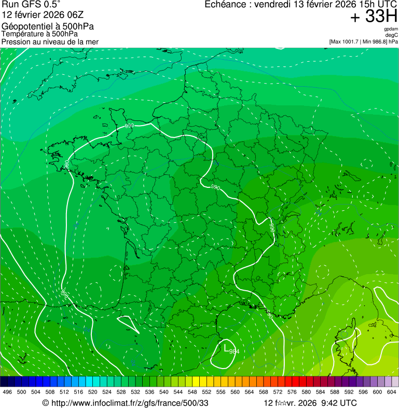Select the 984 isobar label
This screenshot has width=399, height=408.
(233, 351)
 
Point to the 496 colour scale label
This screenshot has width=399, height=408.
(7, 392)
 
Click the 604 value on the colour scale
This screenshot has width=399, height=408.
(391, 392)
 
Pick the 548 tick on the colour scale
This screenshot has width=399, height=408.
(192, 392)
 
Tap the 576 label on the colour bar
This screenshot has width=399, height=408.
(292, 392)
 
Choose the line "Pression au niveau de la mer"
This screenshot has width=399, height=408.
(50, 42)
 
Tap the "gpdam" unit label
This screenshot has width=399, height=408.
(391, 29)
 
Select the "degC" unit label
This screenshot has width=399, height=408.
(392, 35)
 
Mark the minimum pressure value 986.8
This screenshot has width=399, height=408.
(378, 42)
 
